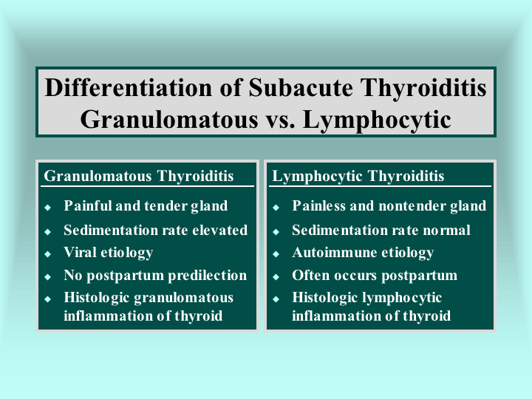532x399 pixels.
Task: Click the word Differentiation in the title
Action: click(x=129, y=88)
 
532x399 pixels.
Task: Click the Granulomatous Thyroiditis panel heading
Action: click(x=139, y=176)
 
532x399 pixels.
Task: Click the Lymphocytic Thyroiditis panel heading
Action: click(x=358, y=176)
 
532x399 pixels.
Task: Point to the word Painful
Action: click(x=88, y=205)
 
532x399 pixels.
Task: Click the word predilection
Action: click(x=208, y=276)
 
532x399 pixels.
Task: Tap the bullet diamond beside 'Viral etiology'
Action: click(x=48, y=253)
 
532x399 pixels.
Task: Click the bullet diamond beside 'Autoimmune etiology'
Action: click(x=276, y=253)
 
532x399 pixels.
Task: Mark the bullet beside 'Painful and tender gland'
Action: click(x=48, y=207)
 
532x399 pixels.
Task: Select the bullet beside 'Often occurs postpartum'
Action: click(x=276, y=277)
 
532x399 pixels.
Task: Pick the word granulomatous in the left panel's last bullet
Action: click(x=183, y=298)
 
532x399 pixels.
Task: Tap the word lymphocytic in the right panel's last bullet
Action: click(x=402, y=298)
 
